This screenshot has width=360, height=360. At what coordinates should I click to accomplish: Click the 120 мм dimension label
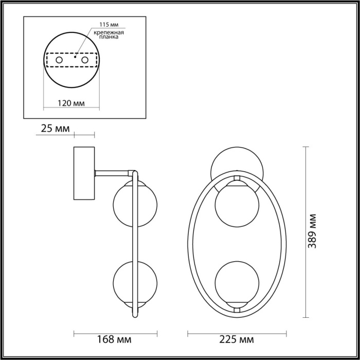tap(71, 103)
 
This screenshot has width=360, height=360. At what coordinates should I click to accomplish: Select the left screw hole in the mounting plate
tap(59, 61)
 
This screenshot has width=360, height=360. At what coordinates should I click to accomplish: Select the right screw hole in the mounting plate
tap(84, 61)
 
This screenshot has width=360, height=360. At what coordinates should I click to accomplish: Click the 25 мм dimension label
tap(55, 129)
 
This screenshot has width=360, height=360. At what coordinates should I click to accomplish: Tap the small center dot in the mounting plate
tap(75, 57)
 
